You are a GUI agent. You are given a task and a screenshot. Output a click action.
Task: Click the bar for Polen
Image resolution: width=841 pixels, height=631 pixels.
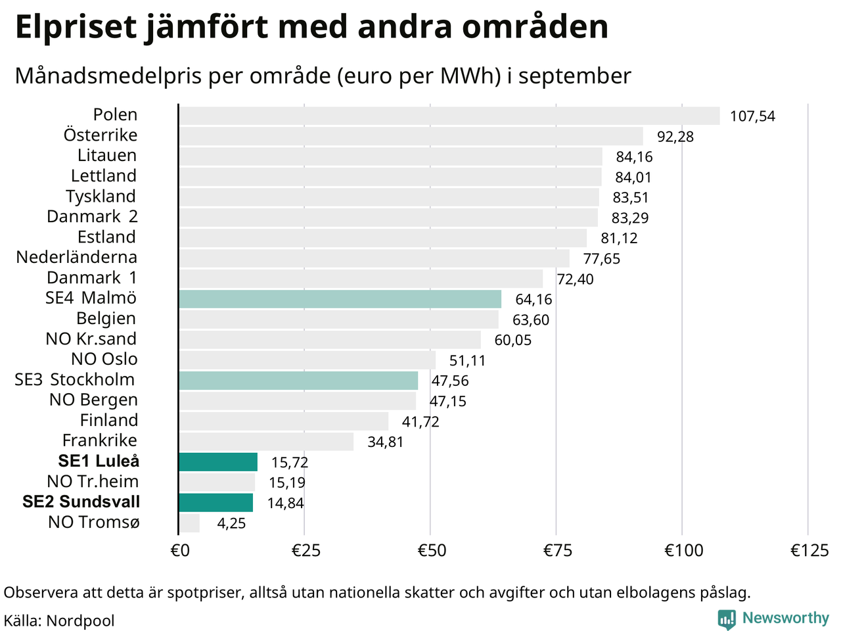click(x=449, y=116)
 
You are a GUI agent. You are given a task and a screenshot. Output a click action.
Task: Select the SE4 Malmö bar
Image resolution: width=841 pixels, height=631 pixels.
click(x=340, y=299)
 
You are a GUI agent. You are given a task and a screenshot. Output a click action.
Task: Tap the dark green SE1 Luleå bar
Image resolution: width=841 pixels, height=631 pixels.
click(x=218, y=462)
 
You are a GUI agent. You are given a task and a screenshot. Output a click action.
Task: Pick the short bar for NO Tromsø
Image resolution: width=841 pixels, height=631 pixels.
click(x=189, y=523)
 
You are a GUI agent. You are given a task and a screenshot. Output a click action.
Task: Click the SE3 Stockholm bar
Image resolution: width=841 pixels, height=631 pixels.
click(x=298, y=381)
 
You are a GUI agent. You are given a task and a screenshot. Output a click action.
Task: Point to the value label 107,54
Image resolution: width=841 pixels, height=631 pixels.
click(x=752, y=116)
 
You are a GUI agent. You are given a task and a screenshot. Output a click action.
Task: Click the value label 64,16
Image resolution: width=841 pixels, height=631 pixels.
click(x=534, y=300)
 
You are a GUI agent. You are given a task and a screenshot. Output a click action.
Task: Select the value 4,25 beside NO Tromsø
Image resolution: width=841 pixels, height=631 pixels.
click(x=231, y=524)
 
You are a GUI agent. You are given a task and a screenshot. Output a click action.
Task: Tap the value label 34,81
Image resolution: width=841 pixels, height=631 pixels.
click(x=385, y=442)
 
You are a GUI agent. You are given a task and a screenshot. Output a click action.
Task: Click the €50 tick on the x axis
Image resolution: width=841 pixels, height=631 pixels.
click(x=432, y=550)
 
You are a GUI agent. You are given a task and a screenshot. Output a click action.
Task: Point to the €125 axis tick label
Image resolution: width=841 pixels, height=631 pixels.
click(x=809, y=550)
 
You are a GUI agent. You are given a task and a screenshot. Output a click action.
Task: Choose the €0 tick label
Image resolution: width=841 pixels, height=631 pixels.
click(x=180, y=550)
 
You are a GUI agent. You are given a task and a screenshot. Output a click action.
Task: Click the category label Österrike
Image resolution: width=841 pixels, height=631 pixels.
click(x=101, y=135)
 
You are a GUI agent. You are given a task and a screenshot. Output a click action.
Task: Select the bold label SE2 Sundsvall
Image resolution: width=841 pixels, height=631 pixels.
click(x=81, y=502)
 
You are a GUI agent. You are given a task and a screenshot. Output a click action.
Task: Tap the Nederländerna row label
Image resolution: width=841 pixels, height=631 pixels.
click(x=77, y=257)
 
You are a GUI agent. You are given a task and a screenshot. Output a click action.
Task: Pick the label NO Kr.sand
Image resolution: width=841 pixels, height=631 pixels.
click(x=91, y=339)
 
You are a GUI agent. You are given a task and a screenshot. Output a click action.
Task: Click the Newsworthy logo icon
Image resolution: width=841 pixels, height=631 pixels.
click(x=727, y=619)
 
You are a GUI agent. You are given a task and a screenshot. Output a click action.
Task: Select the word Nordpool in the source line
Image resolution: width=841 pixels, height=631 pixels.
click(x=80, y=621)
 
